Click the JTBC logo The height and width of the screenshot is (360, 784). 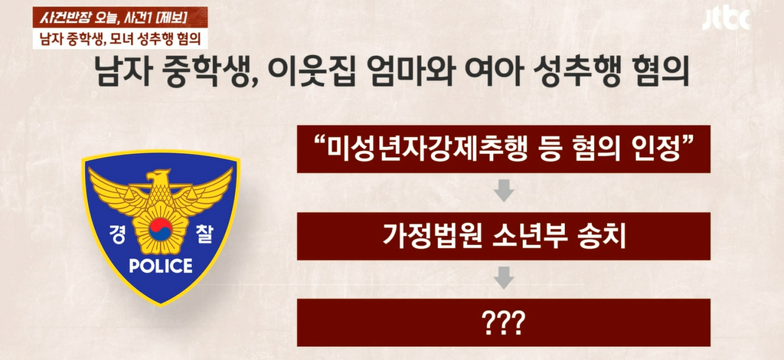[x=726, y=18]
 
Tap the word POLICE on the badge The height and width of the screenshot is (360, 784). [x=161, y=266]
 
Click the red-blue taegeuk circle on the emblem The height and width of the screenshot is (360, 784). [x=161, y=230]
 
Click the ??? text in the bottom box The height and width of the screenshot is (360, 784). [x=504, y=323]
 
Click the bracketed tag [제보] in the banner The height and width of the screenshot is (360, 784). [x=169, y=18]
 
